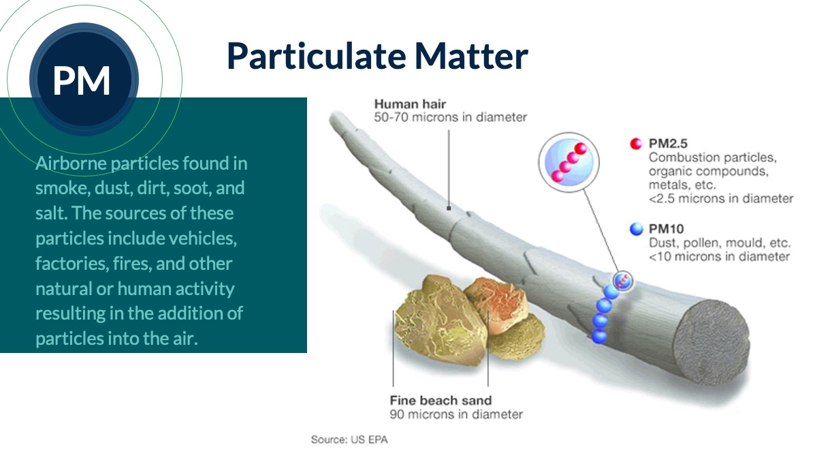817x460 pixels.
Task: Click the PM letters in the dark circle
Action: pyautogui.click(x=81, y=80)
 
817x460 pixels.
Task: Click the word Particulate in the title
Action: pyautogui.click(x=316, y=56)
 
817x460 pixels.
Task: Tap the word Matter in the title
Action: pyautogui.click(x=471, y=56)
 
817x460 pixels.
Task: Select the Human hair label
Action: pyautogui.click(x=410, y=104)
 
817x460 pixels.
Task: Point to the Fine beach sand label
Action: pyautogui.click(x=440, y=401)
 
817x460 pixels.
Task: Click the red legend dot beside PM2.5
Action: pyautogui.click(x=636, y=144)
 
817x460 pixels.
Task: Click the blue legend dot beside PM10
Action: pyautogui.click(x=636, y=229)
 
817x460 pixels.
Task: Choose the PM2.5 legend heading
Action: pyautogui.click(x=668, y=144)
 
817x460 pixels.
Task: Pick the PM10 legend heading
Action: pyautogui.click(x=666, y=229)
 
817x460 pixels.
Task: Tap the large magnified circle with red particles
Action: pyautogui.click(x=568, y=162)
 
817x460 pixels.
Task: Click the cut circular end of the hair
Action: pyautogui.click(x=711, y=342)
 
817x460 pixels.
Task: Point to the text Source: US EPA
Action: pyautogui.click(x=349, y=440)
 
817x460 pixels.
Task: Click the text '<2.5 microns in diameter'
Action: pyautogui.click(x=721, y=198)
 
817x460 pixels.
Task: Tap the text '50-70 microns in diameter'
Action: pyautogui.click(x=451, y=117)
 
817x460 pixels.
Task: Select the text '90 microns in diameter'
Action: pyautogui.click(x=456, y=414)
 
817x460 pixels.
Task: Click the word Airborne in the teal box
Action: pyautogui.click(x=71, y=163)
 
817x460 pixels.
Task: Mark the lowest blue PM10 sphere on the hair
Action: pyautogui.click(x=599, y=336)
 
